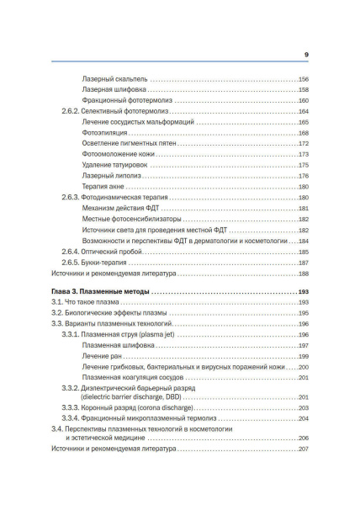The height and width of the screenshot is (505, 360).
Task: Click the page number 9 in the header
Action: pyautogui.click(x=305, y=54)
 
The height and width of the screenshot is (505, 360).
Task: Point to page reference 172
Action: pyautogui.click(x=304, y=144)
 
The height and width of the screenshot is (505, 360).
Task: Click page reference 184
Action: pyautogui.click(x=304, y=241)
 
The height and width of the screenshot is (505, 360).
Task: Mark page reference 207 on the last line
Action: pyautogui.click(x=304, y=449)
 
